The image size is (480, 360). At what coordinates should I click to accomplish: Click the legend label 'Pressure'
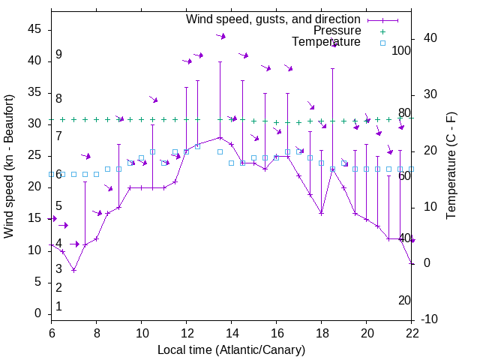(337, 31)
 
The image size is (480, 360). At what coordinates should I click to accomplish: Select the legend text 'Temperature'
(326, 43)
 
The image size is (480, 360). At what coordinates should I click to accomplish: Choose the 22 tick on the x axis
(412, 333)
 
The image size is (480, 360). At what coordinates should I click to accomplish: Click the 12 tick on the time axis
(186, 333)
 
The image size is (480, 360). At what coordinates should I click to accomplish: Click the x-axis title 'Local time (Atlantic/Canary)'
(231, 349)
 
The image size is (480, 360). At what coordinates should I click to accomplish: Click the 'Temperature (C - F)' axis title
(451, 166)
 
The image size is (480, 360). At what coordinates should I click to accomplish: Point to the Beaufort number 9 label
(58, 55)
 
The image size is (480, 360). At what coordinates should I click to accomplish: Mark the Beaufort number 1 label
(58, 307)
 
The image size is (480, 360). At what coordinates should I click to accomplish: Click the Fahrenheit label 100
(401, 51)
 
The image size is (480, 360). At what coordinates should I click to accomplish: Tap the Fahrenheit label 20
(404, 301)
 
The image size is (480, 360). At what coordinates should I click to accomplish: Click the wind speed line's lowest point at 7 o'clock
(73, 270)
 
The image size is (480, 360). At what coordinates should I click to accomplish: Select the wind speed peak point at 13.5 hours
(220, 137)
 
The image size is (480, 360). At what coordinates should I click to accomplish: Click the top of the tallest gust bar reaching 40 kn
(220, 61)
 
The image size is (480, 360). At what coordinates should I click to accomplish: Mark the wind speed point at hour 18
(321, 213)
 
